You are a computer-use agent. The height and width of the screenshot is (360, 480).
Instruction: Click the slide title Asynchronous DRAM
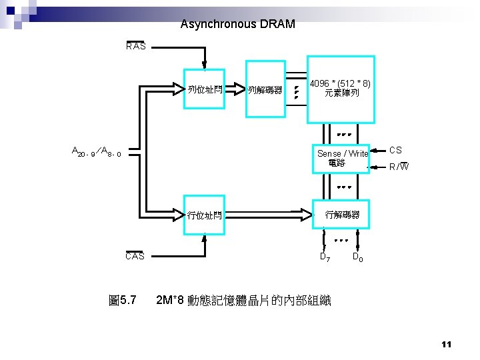[237, 25]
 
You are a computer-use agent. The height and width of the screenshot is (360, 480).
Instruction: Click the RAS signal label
[136, 47]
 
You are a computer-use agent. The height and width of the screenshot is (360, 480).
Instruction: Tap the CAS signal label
[135, 256]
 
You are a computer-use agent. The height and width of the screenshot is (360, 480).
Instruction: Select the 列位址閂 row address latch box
[205, 89]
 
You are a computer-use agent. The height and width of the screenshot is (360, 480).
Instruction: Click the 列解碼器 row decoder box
[265, 89]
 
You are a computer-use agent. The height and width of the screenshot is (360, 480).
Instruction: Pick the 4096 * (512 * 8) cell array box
[341, 89]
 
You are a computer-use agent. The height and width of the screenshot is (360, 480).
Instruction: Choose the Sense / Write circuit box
[342, 158]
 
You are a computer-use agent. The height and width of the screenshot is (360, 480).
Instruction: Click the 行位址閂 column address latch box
[205, 215]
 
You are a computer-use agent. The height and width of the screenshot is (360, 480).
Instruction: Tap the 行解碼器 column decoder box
[342, 215]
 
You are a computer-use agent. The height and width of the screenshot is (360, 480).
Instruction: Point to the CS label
[395, 151]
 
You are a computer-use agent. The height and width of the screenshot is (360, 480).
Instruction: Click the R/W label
[399, 166]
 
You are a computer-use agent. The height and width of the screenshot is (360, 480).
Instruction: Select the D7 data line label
[325, 257]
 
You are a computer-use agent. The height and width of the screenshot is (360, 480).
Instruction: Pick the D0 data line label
[357, 257]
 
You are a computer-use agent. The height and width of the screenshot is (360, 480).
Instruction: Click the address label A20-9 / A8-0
[96, 152]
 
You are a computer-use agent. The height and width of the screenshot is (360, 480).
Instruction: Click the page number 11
[446, 344]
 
